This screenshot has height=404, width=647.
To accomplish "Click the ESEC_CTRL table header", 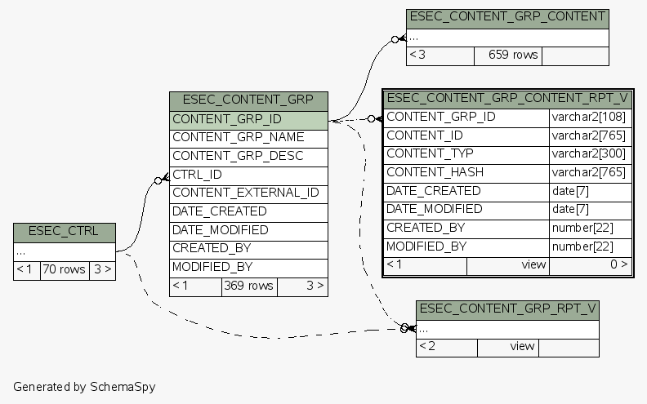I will coord(64,232).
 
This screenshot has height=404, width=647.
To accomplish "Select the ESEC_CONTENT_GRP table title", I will coord(248,100).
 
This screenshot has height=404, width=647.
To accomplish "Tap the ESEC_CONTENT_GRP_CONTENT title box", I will coord(507,16).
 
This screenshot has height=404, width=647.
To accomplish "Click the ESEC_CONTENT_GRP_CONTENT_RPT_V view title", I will coord(507,98).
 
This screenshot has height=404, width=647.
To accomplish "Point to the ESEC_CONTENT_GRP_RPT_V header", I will coord(507,309).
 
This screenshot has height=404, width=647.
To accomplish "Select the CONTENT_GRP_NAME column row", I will coord(248,137).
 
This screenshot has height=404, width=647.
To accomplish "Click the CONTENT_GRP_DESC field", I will coord(248,156).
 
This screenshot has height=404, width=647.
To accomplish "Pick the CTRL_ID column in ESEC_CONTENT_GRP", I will coord(248,175).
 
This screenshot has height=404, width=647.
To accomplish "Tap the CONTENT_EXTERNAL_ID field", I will coord(248,193).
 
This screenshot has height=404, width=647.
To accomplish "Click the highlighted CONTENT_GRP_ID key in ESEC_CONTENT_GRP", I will coord(248,119).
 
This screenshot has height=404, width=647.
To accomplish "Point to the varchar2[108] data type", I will coord(590,117).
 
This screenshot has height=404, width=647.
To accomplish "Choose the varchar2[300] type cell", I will coord(590,153).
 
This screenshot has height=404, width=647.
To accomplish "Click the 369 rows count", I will coord(248,286).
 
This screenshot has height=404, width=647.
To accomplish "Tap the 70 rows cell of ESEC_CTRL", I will coord(64,269).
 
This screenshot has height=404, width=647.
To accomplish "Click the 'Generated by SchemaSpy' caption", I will coord(84,386).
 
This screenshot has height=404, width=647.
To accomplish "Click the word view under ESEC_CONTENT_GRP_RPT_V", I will coord(522,347).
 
